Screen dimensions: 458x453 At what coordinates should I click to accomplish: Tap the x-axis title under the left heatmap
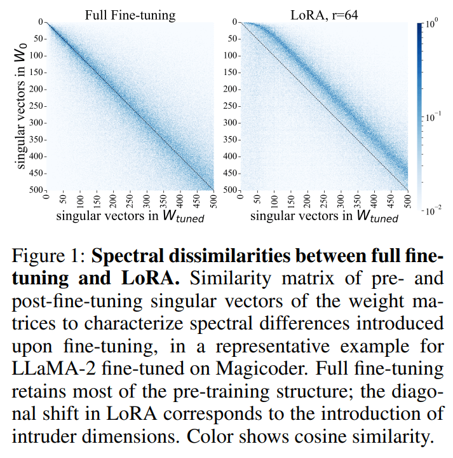130,216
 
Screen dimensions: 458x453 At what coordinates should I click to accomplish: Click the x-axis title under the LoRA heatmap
324,216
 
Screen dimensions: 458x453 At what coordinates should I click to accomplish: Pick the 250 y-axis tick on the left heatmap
36,106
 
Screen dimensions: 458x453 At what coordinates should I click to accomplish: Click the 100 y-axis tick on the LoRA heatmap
229,55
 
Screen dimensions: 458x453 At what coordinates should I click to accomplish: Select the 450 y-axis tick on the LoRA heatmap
229,172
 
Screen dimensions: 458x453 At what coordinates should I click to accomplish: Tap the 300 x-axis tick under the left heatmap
146,199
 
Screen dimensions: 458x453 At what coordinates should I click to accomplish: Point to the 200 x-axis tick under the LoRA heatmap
308,199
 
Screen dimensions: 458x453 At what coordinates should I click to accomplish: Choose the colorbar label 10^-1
433,118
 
